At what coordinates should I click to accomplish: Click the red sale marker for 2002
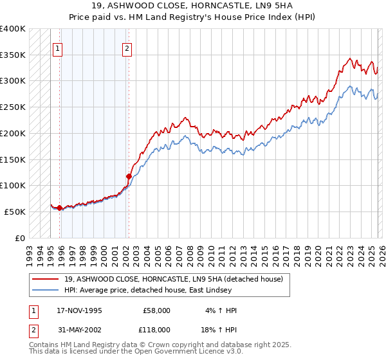pyautogui.click(x=129, y=175)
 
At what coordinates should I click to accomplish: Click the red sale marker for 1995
pyautogui.click(x=59, y=208)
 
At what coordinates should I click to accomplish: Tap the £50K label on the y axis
pyautogui.click(x=15, y=212)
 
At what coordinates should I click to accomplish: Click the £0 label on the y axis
pyautogui.click(x=20, y=238)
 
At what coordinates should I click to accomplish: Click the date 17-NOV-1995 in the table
pyautogui.click(x=79, y=310)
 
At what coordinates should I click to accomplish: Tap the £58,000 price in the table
pyautogui.click(x=156, y=310)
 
